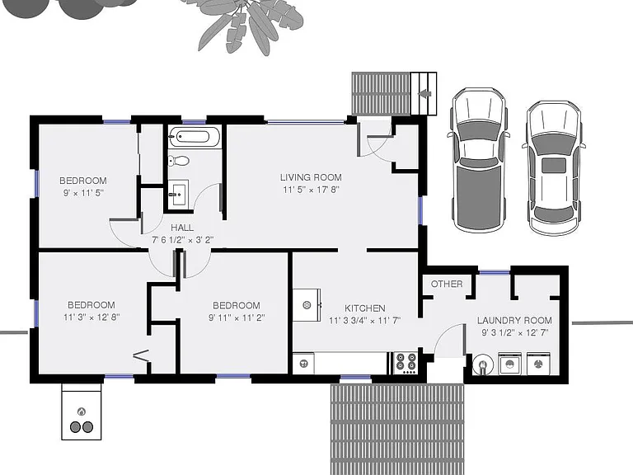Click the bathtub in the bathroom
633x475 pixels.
coord(195,137)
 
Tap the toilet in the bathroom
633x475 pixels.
coord(178,161)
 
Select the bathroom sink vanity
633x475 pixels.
coord(178,194)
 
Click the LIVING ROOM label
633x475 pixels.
coord(311,177)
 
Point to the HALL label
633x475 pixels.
coord(182,228)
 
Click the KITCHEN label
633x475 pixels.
coord(364,308)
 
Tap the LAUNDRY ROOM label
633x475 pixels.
coord(514,320)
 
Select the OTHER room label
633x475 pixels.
coord(447,284)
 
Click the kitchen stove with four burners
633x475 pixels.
coord(405,362)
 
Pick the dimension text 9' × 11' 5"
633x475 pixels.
coord(83,193)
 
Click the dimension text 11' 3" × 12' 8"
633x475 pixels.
coord(91,317)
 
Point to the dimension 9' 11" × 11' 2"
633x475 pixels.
coord(237,317)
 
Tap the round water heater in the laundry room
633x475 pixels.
coord(483,364)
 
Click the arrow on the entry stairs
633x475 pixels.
coord(424,94)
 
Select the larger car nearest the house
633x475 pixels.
coord(479,160)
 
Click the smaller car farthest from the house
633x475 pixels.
coord(554,168)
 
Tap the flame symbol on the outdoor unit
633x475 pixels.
coord(82,412)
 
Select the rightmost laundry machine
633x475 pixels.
coord(538,364)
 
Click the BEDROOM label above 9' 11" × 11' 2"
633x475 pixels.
coord(237,305)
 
